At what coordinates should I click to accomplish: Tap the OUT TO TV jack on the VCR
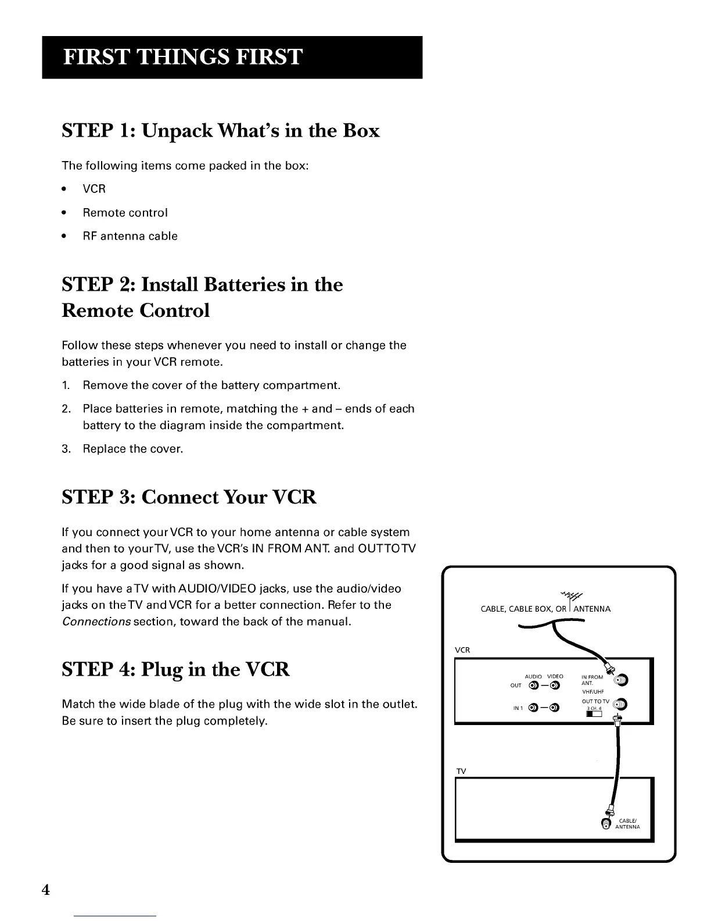pyautogui.click(x=620, y=705)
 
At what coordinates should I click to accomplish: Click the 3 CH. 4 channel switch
pyautogui.click(x=593, y=715)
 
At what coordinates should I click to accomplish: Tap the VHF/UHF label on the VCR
pyautogui.click(x=592, y=692)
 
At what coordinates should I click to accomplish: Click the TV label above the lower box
pyautogui.click(x=461, y=771)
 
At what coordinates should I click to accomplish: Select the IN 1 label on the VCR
pyautogui.click(x=518, y=708)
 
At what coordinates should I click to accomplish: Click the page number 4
pyautogui.click(x=46, y=890)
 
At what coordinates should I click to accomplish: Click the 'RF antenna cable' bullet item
pyautogui.click(x=130, y=236)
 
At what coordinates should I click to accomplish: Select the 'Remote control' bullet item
pyautogui.click(x=125, y=213)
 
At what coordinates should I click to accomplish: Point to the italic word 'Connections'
pyautogui.click(x=96, y=622)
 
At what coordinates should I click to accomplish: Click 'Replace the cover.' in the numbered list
pyautogui.click(x=132, y=449)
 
